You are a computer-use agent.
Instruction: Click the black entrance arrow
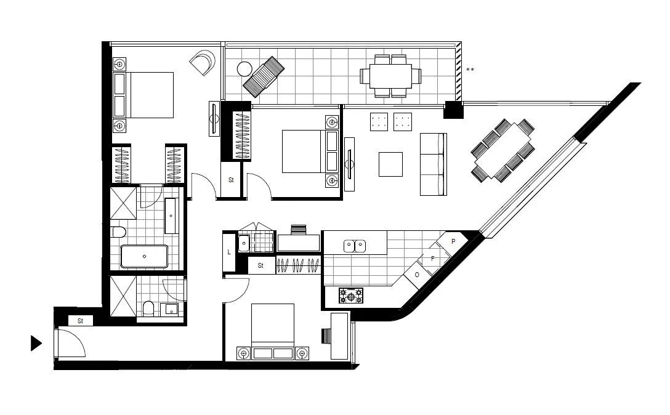coord(36,344)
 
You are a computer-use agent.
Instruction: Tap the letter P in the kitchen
coord(453,241)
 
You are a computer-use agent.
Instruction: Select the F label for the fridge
coord(433,259)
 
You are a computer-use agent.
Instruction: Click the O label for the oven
coord(418,275)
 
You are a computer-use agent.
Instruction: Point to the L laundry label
coord(229,252)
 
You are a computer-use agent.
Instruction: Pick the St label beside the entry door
coord(80,321)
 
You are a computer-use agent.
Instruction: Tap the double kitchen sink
coord(355,246)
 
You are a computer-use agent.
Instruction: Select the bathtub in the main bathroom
coord(145,256)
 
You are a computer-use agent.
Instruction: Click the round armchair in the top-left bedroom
coord(203,63)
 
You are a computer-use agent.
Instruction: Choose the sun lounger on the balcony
coord(264,75)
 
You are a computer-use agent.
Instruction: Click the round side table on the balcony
coord(244,69)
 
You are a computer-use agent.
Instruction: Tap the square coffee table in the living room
coord(390,164)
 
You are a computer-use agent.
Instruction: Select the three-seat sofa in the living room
coord(432,164)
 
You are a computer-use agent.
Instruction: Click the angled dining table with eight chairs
coord(502,151)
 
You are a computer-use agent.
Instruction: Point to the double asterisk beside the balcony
coord(470,70)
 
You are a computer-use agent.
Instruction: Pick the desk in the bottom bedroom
coord(339,336)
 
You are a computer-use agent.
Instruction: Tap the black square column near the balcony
coord(453,110)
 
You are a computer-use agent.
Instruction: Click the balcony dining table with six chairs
coord(390,76)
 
